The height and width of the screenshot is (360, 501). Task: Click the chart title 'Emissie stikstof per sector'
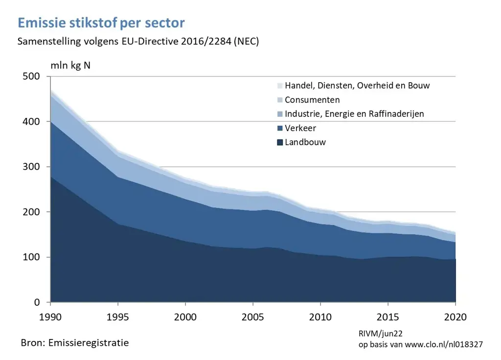[x=101, y=23]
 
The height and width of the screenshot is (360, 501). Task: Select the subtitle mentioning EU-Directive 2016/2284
[x=138, y=42]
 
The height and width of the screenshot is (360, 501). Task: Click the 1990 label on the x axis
[x=50, y=316]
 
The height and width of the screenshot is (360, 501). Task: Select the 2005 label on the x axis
[x=252, y=316]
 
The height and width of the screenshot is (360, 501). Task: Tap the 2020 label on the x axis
[x=455, y=316]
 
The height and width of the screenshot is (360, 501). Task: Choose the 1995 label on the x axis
[x=118, y=316]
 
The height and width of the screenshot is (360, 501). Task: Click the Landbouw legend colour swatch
[x=279, y=143]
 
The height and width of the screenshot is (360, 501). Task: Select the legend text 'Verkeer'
[x=300, y=128]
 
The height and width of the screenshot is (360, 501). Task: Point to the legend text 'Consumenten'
[x=312, y=100]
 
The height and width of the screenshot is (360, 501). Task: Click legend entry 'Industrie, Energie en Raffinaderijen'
[x=354, y=114]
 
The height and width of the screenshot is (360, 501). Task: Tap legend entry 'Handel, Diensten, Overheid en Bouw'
[x=357, y=86]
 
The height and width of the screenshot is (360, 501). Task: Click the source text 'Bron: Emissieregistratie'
[x=75, y=343]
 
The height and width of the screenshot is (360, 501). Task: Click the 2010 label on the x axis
[x=320, y=316]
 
